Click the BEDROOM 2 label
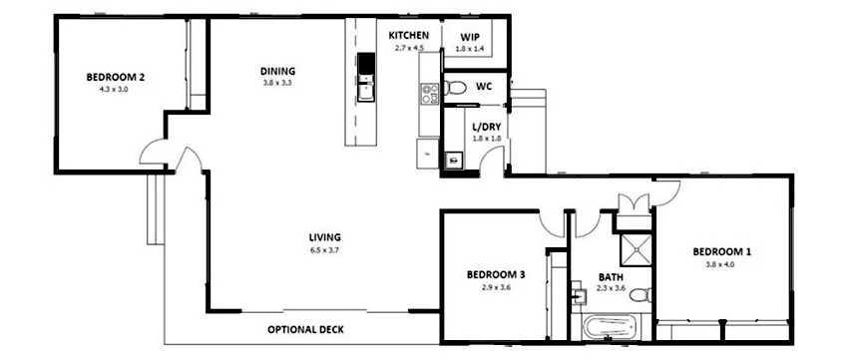[x=116, y=77]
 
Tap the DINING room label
[x=277, y=71]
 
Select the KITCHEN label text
[x=409, y=35]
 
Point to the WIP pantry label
[x=469, y=36]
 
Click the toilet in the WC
[x=456, y=88]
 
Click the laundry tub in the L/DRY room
[x=454, y=158]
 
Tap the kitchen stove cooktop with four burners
[x=430, y=95]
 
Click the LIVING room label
[x=325, y=236]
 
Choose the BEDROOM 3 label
[x=497, y=275]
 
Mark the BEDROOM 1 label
[x=722, y=252]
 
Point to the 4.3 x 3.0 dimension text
[x=116, y=89]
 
